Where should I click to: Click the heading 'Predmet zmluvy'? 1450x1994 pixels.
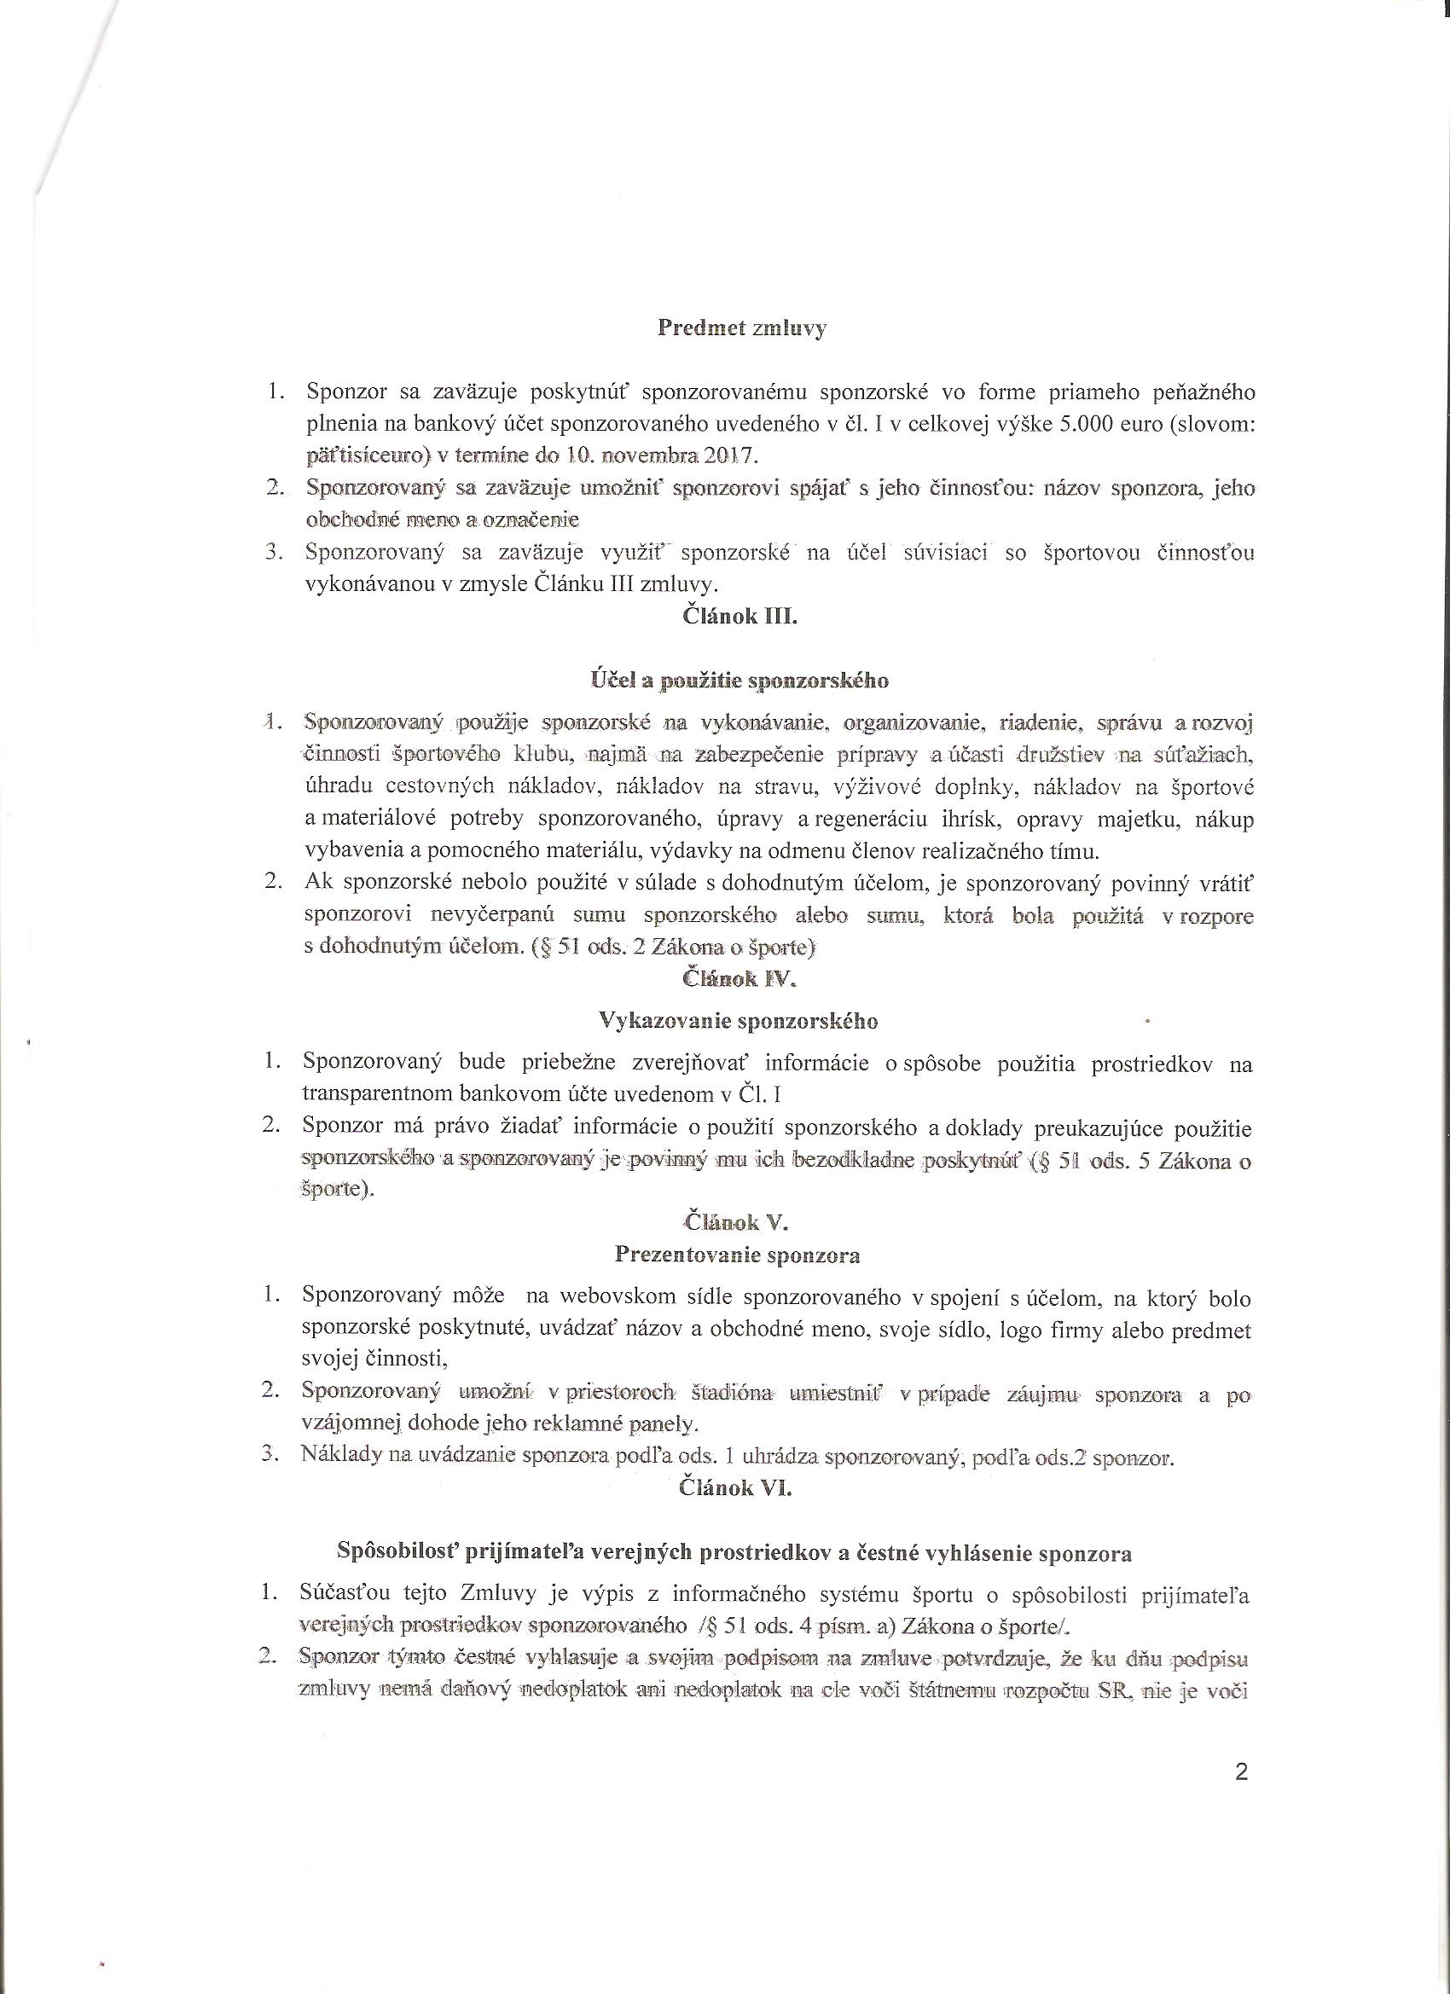click(x=742, y=329)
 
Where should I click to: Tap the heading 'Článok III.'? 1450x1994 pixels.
click(x=740, y=617)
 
